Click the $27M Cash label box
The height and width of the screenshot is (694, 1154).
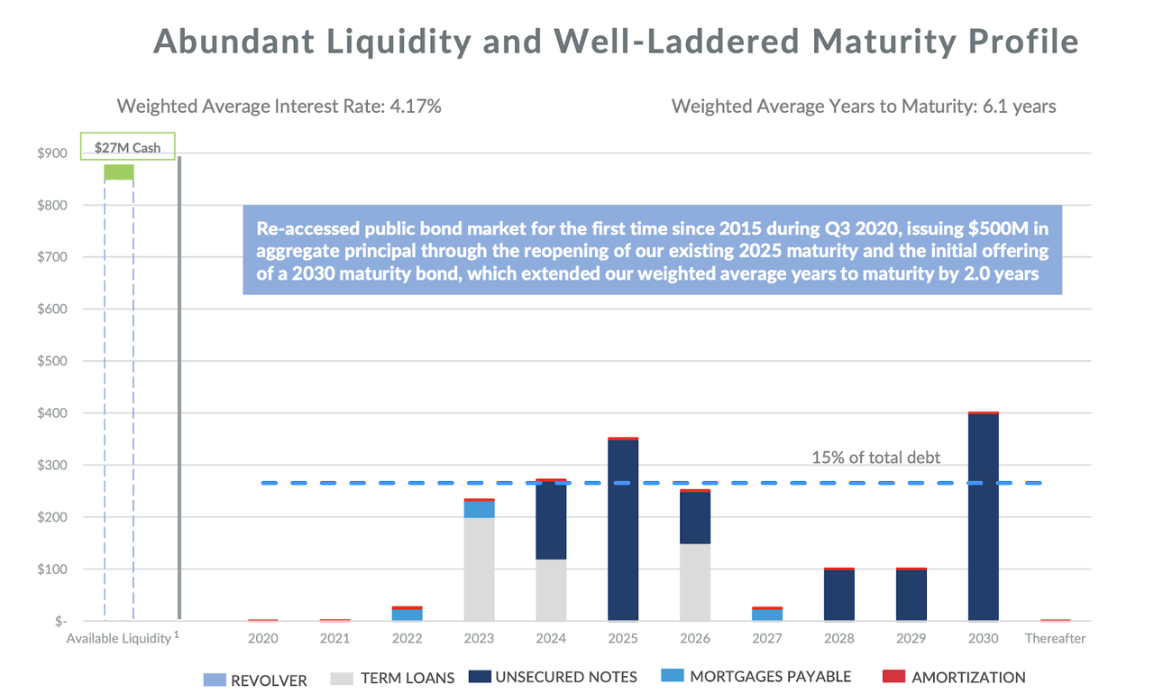pos(127,147)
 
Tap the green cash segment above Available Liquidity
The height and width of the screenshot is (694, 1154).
pos(118,171)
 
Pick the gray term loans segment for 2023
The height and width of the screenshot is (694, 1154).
pos(479,569)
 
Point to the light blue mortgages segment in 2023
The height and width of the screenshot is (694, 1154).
pos(479,509)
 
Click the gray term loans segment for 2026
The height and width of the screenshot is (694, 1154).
pos(694,582)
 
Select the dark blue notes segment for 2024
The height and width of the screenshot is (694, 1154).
pos(551,522)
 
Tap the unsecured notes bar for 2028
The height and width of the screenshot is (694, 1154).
pos(838,596)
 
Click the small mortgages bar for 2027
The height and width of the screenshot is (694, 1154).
pos(767,615)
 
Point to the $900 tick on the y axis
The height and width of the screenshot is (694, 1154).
pos(51,153)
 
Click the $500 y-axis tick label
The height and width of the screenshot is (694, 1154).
pos(51,361)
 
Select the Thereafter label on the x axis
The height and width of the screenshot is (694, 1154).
pos(1055,638)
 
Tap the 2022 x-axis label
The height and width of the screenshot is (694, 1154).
pos(407,638)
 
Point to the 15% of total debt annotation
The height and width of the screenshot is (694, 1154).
pos(875,458)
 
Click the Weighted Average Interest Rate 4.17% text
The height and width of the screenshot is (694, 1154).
pos(279,106)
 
